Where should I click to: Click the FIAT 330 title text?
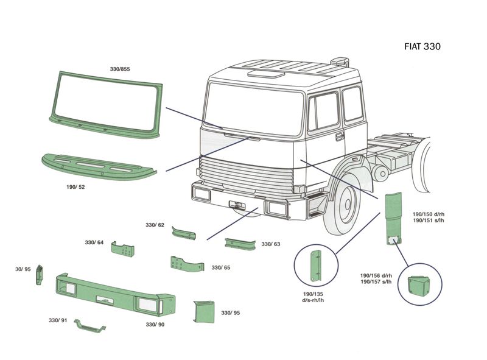(x=422, y=46)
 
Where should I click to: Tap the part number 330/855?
(x=120, y=69)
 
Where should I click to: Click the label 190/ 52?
(x=75, y=187)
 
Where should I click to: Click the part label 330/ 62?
(x=155, y=225)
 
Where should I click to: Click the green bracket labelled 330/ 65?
(x=184, y=264)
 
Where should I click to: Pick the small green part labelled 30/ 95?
(x=40, y=275)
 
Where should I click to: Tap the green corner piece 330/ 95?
(x=202, y=312)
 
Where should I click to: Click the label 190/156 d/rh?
(x=375, y=275)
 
